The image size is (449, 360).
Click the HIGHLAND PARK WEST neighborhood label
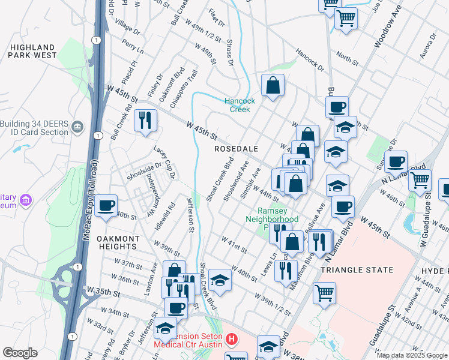[32, 50]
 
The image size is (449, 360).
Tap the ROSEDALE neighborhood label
[237, 148]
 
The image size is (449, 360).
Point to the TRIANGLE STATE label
[357, 270]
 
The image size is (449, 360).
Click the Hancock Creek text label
[240, 105]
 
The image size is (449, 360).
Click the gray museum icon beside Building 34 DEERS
[77, 127]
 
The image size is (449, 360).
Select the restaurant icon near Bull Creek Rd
[145, 120]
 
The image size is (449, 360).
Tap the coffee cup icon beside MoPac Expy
[106, 205]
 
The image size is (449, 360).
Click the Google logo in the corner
[19, 353]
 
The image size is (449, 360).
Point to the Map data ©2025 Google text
[412, 355]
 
